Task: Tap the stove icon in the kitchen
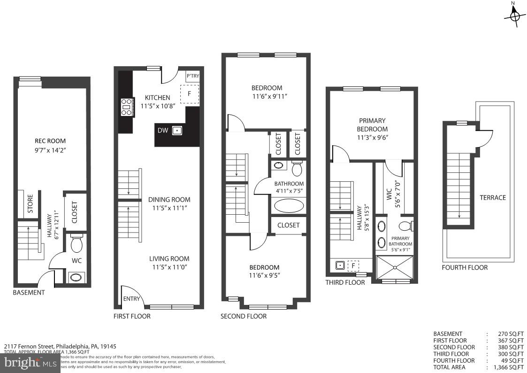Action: (126, 107)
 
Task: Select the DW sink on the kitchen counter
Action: (177, 131)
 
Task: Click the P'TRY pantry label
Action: (192, 76)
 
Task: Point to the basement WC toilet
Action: (76, 244)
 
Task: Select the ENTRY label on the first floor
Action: (131, 299)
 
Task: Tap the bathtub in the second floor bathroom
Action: (289, 206)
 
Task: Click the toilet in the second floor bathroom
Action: (297, 167)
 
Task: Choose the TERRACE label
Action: (492, 197)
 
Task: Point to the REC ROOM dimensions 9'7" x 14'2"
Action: (50, 151)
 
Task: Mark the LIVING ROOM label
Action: (169, 258)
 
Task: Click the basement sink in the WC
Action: (76, 277)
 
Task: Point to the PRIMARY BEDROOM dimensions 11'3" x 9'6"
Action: (372, 138)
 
